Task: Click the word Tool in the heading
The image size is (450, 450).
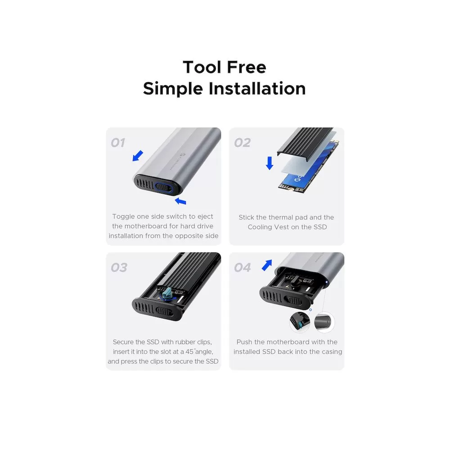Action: tap(202, 67)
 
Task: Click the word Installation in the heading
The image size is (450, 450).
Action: tap(257, 88)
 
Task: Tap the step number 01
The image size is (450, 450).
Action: tap(118, 143)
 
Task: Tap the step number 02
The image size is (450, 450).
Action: tap(242, 143)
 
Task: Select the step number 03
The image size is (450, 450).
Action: tap(119, 267)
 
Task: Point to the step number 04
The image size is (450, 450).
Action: tap(243, 267)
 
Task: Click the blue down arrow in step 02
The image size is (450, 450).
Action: tap(270, 163)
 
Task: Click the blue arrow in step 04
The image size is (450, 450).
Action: tap(267, 265)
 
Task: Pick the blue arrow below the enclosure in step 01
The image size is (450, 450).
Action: tap(180, 201)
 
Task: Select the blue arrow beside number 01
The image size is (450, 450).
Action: tap(138, 156)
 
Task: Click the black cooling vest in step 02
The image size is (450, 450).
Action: tap(304, 142)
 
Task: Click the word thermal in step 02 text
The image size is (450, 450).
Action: tap(272, 217)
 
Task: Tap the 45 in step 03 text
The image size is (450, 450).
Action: tap(189, 351)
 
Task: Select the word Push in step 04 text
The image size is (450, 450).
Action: tap(244, 342)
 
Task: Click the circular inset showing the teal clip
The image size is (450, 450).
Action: tap(300, 322)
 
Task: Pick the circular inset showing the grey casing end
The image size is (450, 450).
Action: tap(324, 322)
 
